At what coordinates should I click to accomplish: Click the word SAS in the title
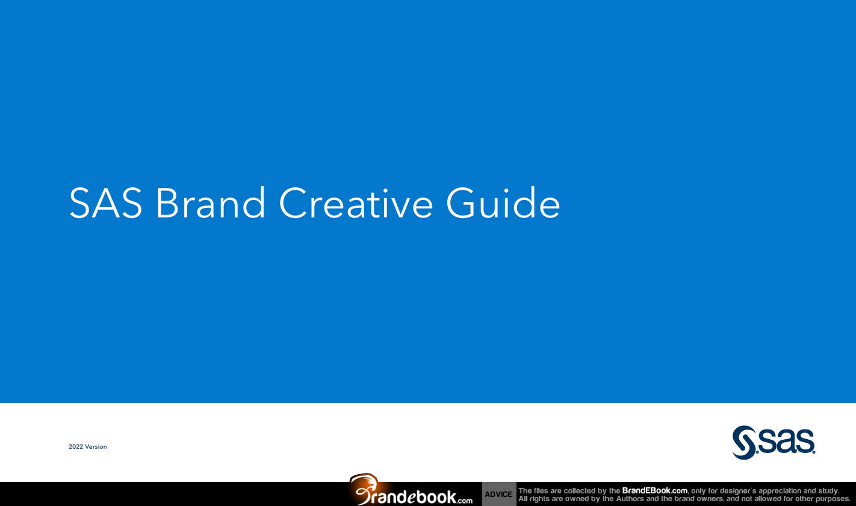[105, 203]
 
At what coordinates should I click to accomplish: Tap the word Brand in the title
[211, 203]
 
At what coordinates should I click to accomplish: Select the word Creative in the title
[356, 203]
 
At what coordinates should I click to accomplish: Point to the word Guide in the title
[503, 203]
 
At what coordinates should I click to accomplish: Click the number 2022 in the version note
[76, 447]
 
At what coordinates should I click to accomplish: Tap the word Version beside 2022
[96, 447]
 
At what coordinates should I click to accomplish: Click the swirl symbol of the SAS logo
[744, 443]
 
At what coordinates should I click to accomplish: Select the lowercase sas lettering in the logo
[786, 441]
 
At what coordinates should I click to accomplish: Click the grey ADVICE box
[498, 494]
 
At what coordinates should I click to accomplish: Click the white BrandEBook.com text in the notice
[654, 491]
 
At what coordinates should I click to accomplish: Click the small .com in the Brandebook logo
[465, 500]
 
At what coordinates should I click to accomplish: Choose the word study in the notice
[830, 491]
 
